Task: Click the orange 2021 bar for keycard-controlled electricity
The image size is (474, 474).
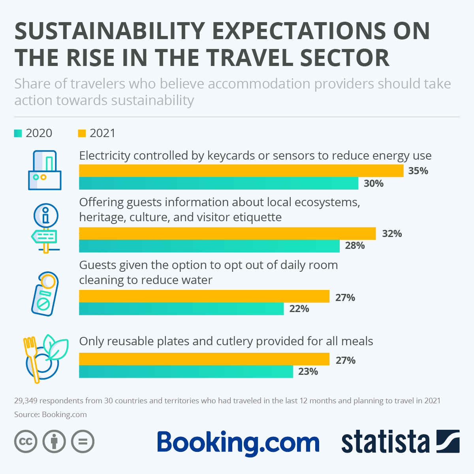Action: pyautogui.click(x=241, y=171)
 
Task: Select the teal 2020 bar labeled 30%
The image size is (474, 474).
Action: pyautogui.click(x=218, y=183)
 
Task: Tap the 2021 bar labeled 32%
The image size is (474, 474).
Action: pyautogui.click(x=227, y=233)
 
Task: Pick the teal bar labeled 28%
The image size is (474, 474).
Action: pyautogui.click(x=209, y=246)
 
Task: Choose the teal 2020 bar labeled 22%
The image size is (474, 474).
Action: pyautogui.click(x=181, y=308)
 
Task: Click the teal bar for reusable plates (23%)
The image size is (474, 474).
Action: pyautogui.click(x=186, y=372)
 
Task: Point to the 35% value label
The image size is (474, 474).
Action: pyautogui.click(x=418, y=171)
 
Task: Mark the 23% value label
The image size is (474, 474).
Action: pyautogui.click(x=308, y=372)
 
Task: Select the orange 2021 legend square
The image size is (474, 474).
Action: pyautogui.click(x=82, y=133)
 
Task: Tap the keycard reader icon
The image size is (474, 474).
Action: pyautogui.click(x=45, y=170)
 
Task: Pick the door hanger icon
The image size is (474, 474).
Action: pyautogui.click(x=45, y=294)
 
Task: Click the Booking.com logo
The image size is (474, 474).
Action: pyautogui.click(x=238, y=442)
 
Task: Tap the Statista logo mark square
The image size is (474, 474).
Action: pyautogui.click(x=448, y=441)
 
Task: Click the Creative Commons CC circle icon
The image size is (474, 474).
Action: pyautogui.click(x=26, y=441)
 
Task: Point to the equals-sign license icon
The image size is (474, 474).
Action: pyautogui.click(x=83, y=441)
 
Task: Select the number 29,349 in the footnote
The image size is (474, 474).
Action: pyautogui.click(x=26, y=401)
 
